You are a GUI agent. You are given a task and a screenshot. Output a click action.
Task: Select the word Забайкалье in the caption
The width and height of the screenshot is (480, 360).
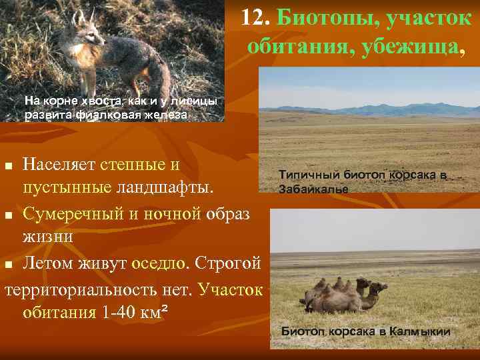[313, 189]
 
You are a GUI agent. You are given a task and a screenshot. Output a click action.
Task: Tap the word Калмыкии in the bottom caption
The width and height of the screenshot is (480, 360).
[419, 331]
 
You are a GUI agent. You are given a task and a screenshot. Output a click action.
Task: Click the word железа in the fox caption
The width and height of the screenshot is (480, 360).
[167, 115]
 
